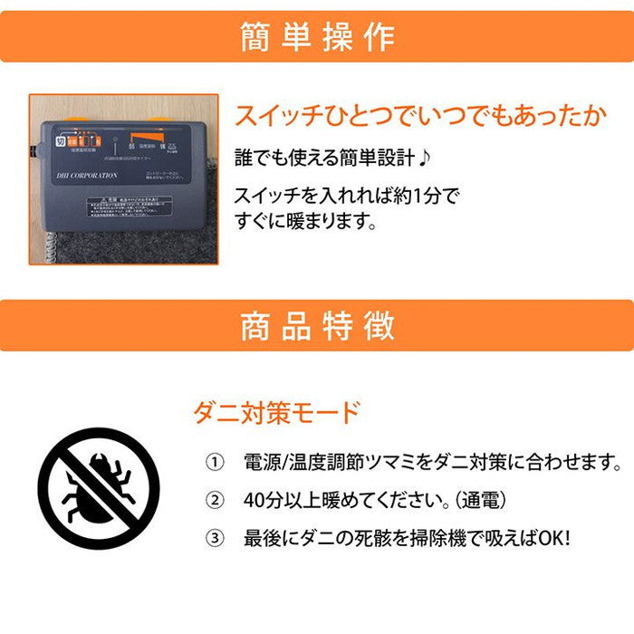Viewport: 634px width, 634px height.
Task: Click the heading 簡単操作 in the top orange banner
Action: click(317, 36)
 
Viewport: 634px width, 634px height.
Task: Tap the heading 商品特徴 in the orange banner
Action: click(317, 327)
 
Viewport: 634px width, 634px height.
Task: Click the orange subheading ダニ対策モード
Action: click(277, 413)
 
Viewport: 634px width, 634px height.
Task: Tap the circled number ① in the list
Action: click(215, 464)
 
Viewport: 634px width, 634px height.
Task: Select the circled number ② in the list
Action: click(215, 500)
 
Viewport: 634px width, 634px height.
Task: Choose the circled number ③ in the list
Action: click(215, 538)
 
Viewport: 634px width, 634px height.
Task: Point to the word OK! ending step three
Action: click(552, 538)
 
